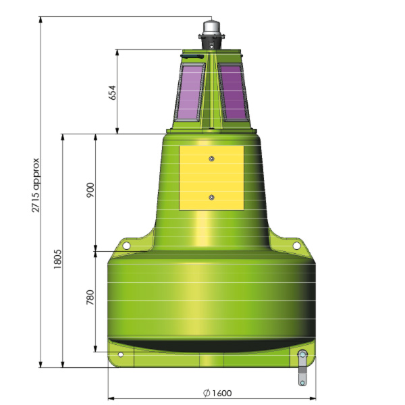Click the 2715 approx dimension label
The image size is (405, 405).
click(36, 186)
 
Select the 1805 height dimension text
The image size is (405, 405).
click(58, 260)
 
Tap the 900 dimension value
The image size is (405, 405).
click(91, 191)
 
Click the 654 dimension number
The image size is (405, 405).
click(113, 92)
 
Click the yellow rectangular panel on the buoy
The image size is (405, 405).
click(211, 177)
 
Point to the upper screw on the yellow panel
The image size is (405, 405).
click(212, 159)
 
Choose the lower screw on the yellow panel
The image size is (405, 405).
click(212, 197)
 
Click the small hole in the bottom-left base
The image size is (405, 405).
click(121, 354)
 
